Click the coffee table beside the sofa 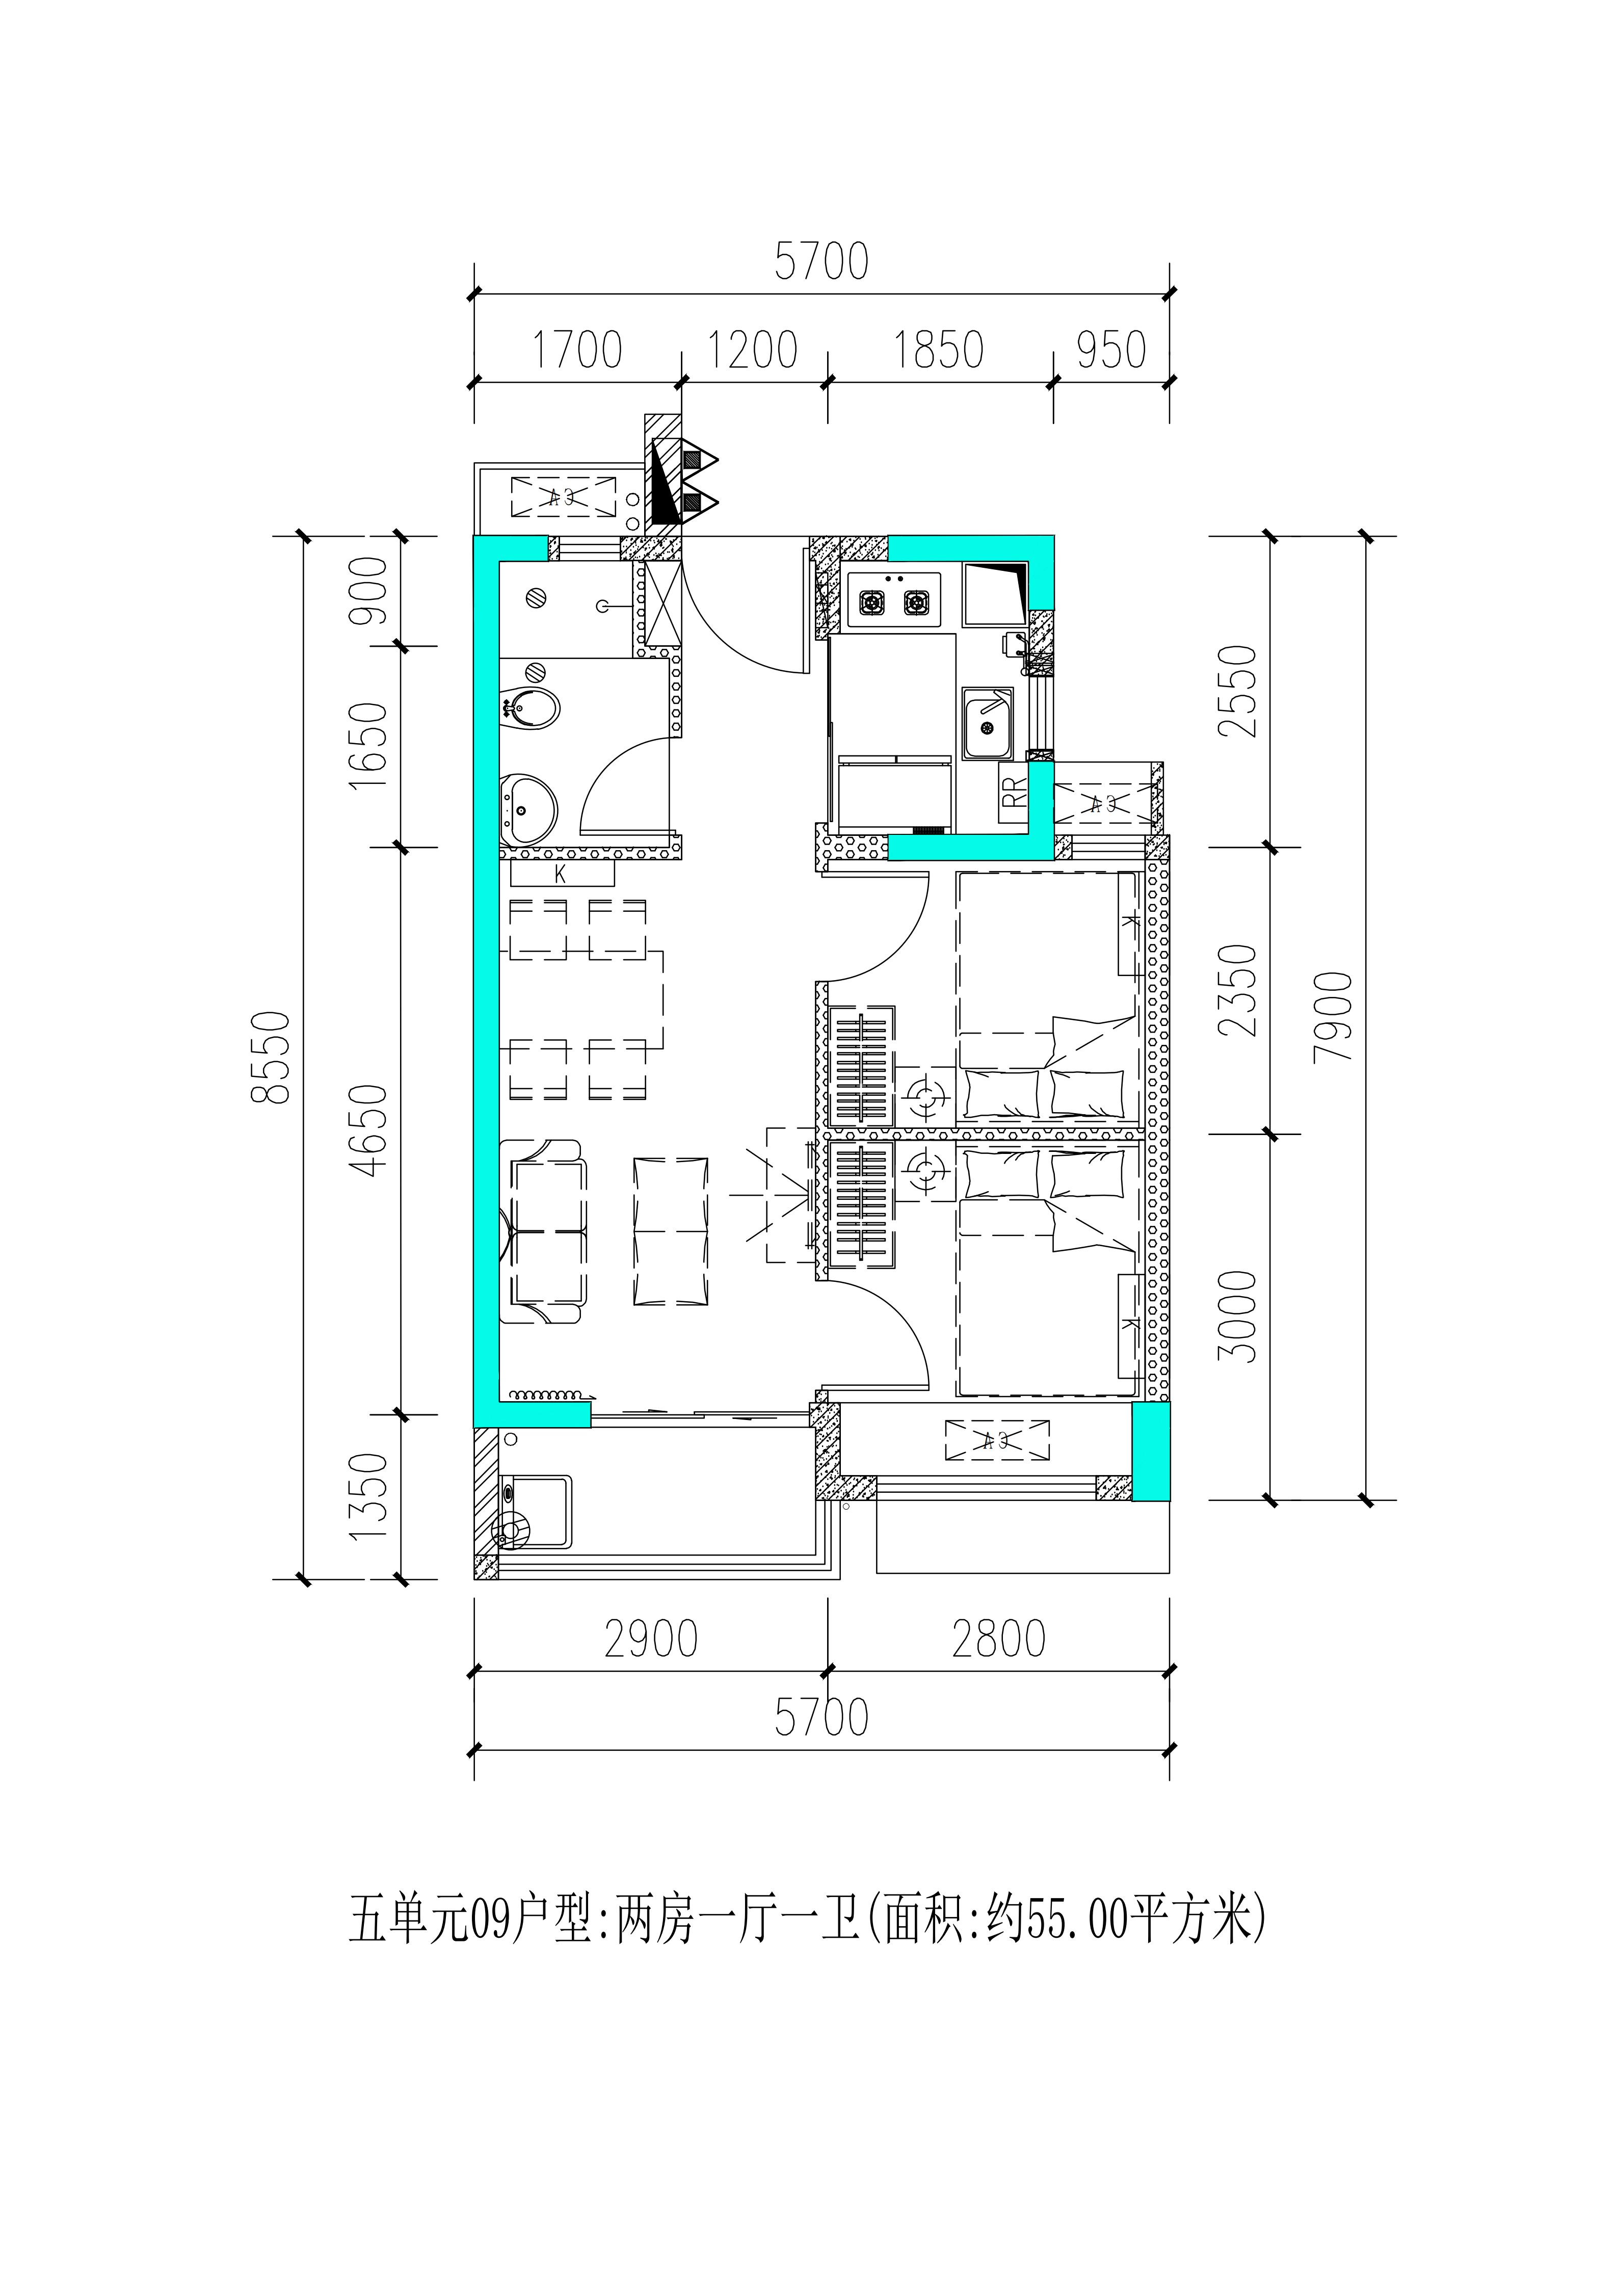671,1231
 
